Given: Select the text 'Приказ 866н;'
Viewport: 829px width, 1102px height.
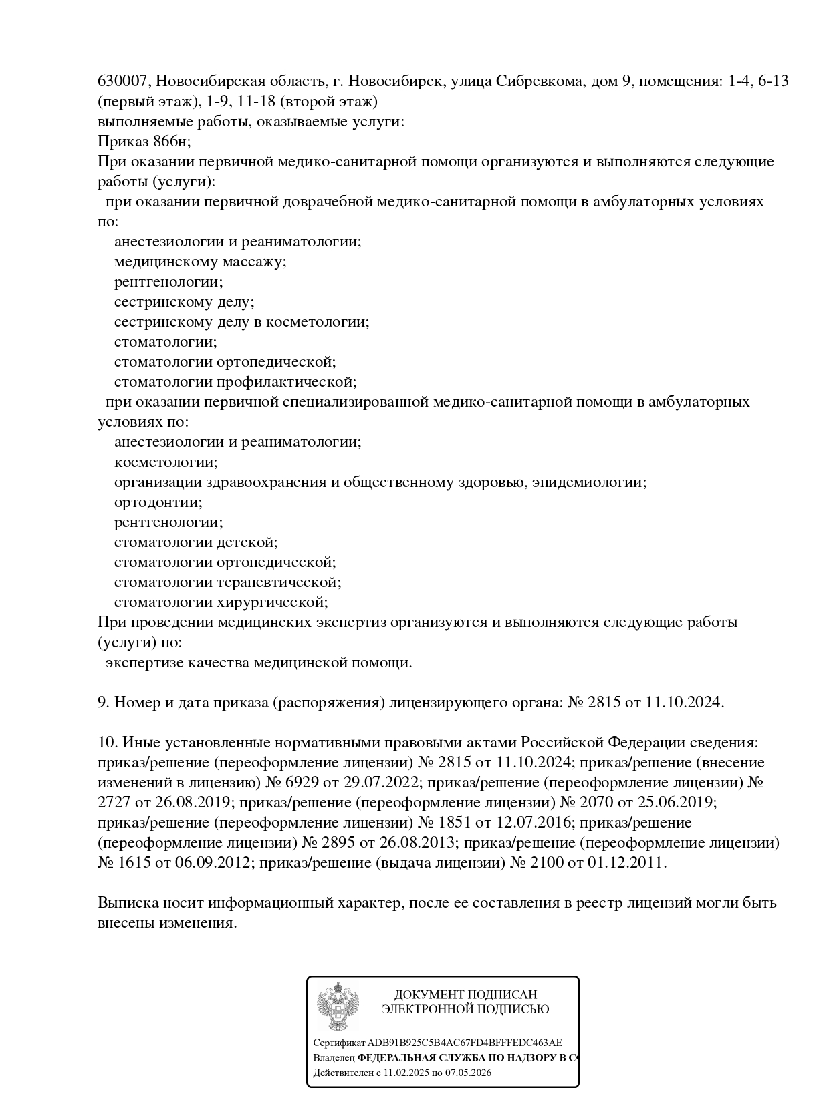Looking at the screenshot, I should pyautogui.click(x=144, y=142).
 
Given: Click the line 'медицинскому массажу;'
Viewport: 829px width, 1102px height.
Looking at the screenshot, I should pyautogui.click(x=200, y=262).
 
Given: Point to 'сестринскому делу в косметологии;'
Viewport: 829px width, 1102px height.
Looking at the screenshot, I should pyautogui.click(x=241, y=322).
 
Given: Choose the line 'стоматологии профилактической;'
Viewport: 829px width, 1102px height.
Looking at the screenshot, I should pyautogui.click(x=235, y=382).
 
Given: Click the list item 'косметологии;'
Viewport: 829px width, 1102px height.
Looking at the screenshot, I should pyautogui.click(x=166, y=462).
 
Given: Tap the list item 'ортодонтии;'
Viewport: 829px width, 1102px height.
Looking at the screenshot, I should pyautogui.click(x=158, y=502).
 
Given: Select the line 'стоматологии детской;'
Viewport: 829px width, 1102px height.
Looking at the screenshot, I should pyautogui.click(x=195, y=542).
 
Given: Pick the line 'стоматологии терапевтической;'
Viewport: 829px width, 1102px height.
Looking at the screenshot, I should pyautogui.click(x=227, y=582).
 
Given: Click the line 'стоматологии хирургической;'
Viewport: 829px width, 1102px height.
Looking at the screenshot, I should pyautogui.click(x=221, y=602).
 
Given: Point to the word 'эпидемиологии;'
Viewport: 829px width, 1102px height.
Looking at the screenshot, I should pyautogui.click(x=589, y=482).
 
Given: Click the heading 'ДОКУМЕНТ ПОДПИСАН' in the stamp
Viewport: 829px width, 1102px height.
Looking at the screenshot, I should pyautogui.click(x=465, y=995).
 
